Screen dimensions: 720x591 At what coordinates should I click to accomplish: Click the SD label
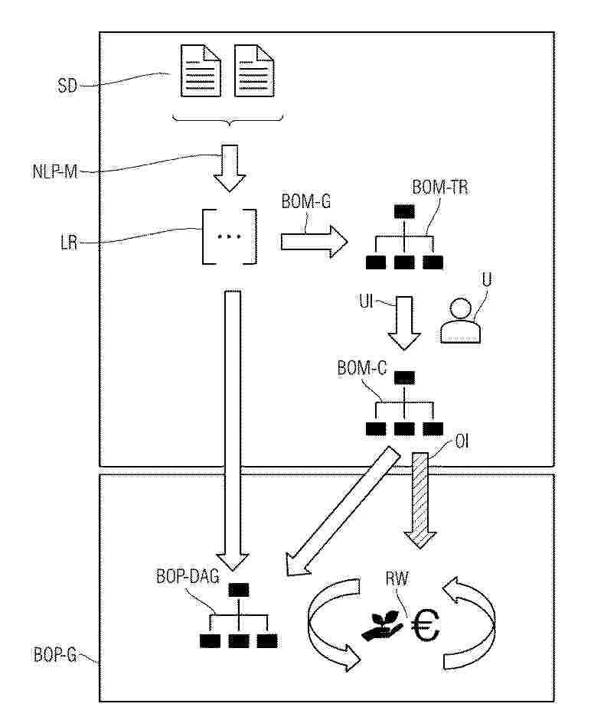(67, 86)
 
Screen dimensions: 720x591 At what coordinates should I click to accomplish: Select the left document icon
(202, 70)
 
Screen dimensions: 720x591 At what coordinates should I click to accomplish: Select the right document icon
(254, 70)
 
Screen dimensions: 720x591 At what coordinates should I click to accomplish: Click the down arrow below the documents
(230, 170)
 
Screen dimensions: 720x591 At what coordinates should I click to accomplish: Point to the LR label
(68, 246)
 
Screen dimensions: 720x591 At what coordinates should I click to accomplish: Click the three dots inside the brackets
(229, 237)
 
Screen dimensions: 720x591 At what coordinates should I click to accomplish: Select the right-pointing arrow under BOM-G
(313, 242)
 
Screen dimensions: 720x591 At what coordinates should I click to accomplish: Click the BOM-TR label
(439, 186)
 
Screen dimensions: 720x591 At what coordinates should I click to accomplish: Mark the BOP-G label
(54, 654)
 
